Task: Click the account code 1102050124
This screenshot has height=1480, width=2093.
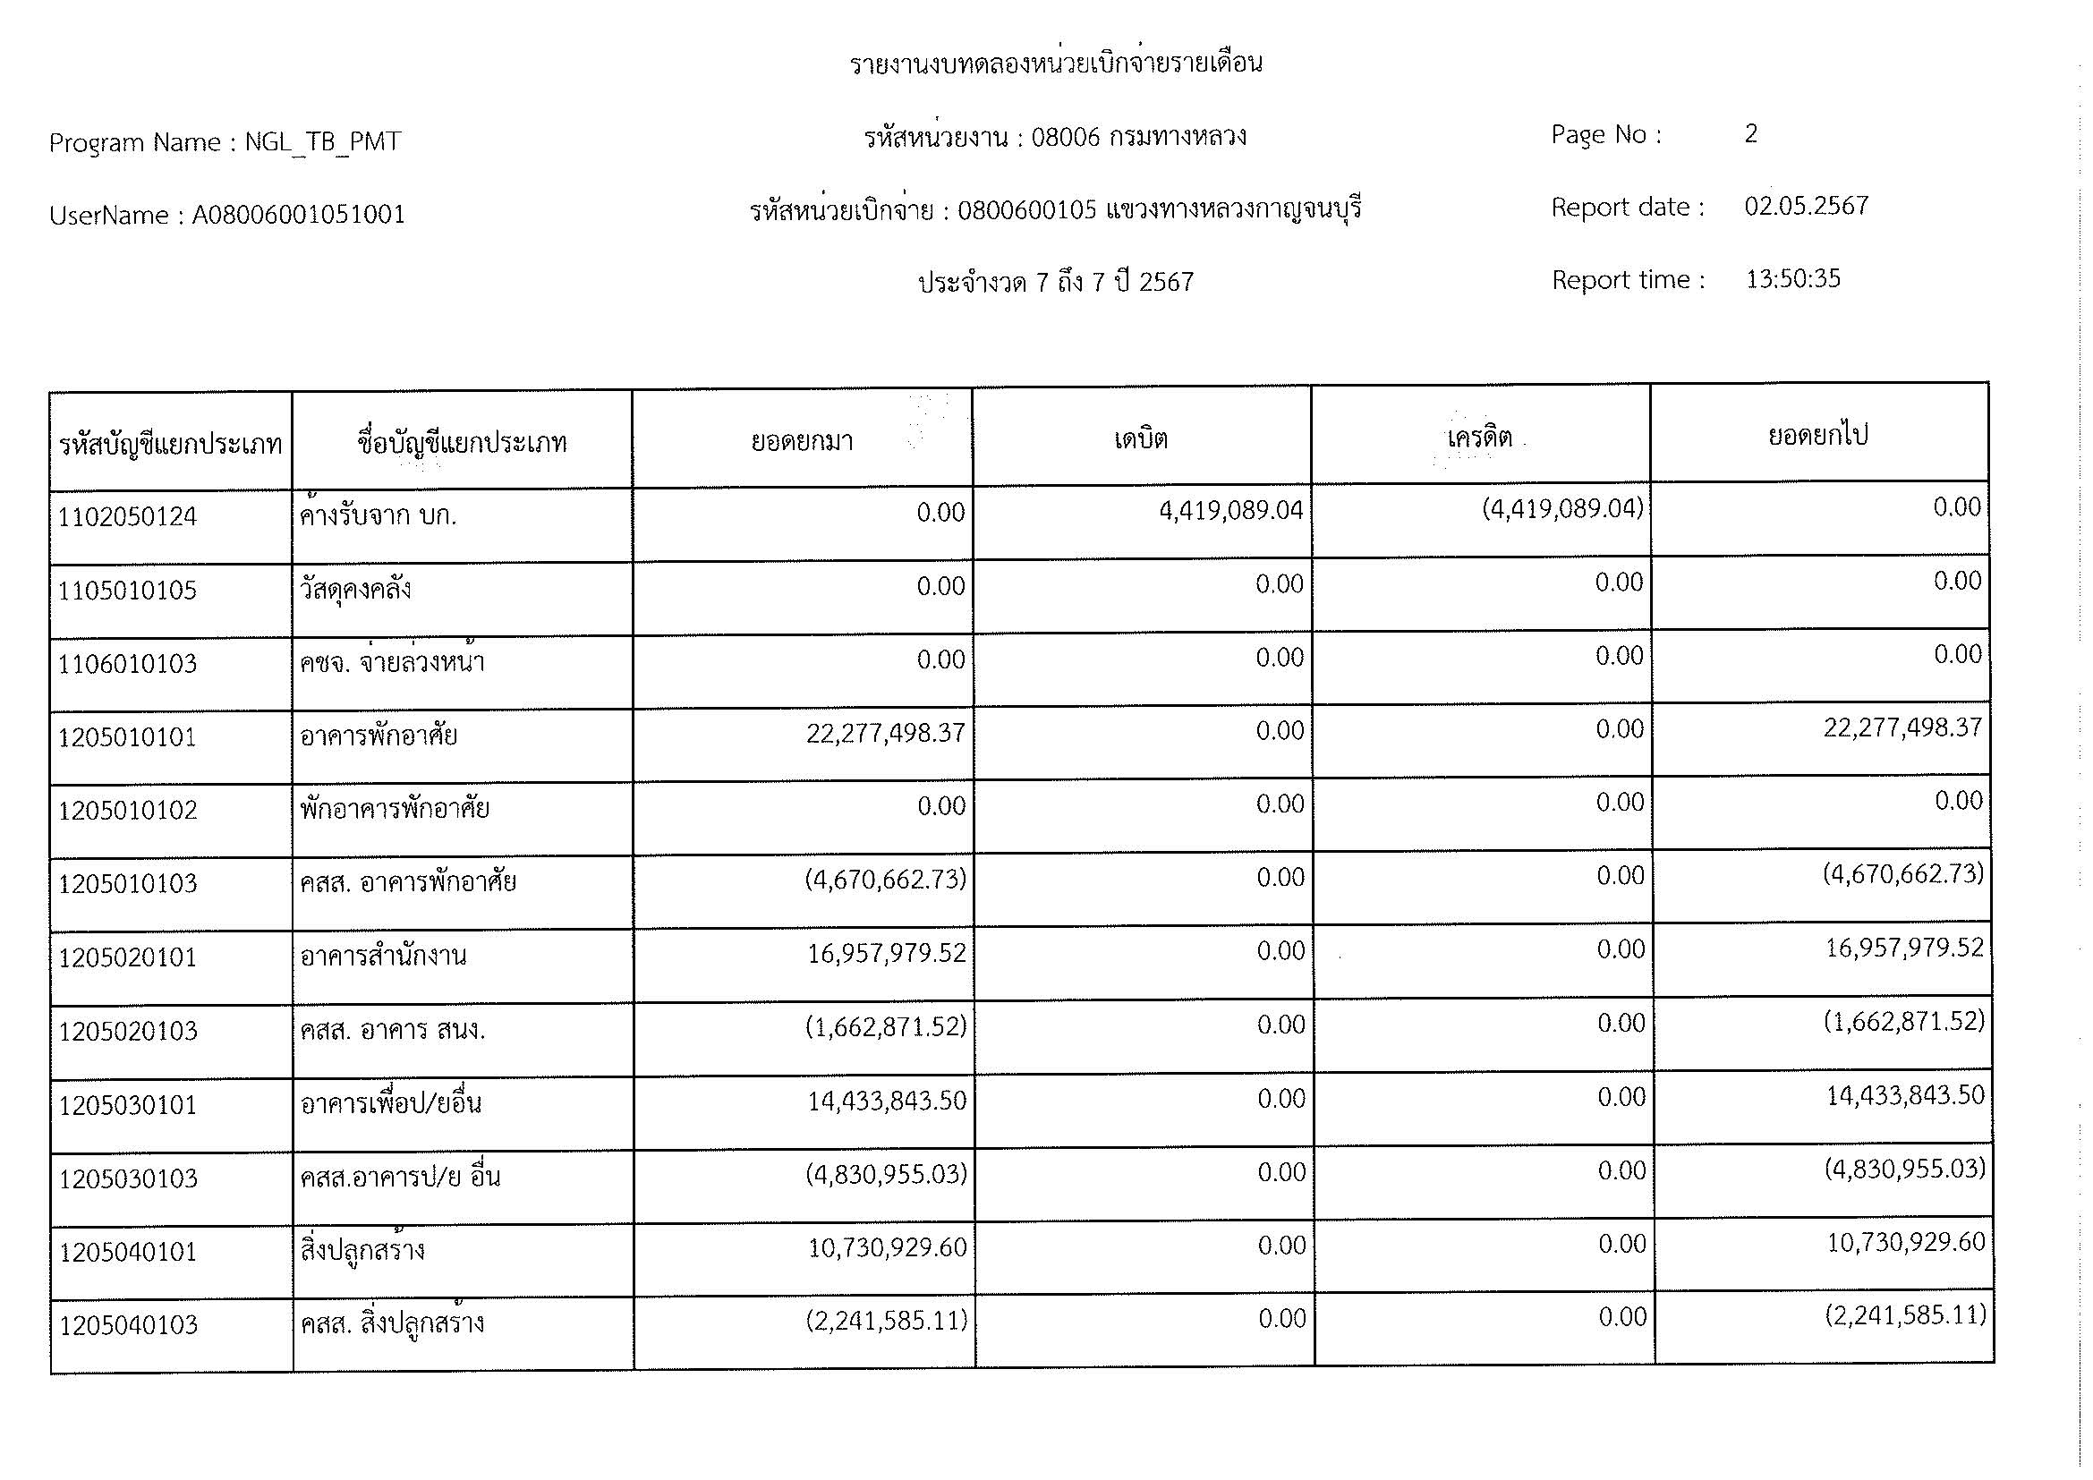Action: pyautogui.click(x=127, y=517)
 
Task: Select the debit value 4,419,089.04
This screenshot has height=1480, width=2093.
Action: pyautogui.click(x=1230, y=510)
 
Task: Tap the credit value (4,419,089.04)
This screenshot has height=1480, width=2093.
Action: pyautogui.click(x=1561, y=508)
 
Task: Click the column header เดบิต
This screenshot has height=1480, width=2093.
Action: pyautogui.click(x=1140, y=439)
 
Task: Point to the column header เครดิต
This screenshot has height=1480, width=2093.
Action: pyautogui.click(x=1478, y=438)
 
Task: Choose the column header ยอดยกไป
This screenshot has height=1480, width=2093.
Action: pyautogui.click(x=1817, y=436)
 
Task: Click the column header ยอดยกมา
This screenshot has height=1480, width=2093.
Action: pyautogui.click(x=801, y=442)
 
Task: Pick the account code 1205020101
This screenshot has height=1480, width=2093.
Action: pyautogui.click(x=128, y=957)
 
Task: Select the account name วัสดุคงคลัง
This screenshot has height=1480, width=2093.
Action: pyautogui.click(x=355, y=589)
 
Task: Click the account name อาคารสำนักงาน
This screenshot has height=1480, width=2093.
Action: pyautogui.click(x=383, y=956)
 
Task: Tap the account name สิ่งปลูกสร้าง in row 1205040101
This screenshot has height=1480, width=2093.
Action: pyautogui.click(x=362, y=1249)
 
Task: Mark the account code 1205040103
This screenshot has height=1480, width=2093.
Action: pyautogui.click(x=129, y=1325)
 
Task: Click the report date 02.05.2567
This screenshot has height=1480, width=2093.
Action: pyautogui.click(x=1806, y=206)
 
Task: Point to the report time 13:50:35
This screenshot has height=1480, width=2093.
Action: pyautogui.click(x=1792, y=279)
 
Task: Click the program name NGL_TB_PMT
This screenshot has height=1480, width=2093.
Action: pyautogui.click(x=323, y=142)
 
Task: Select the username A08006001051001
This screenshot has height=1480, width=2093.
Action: pyautogui.click(x=298, y=215)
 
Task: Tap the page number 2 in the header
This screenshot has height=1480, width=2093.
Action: pyautogui.click(x=1750, y=134)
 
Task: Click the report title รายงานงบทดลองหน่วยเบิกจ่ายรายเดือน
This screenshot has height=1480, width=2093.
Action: pyautogui.click(x=1056, y=64)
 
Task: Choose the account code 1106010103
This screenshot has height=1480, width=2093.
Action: pyautogui.click(x=128, y=663)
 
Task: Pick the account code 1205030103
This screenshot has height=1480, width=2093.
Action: pyautogui.click(x=129, y=1179)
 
